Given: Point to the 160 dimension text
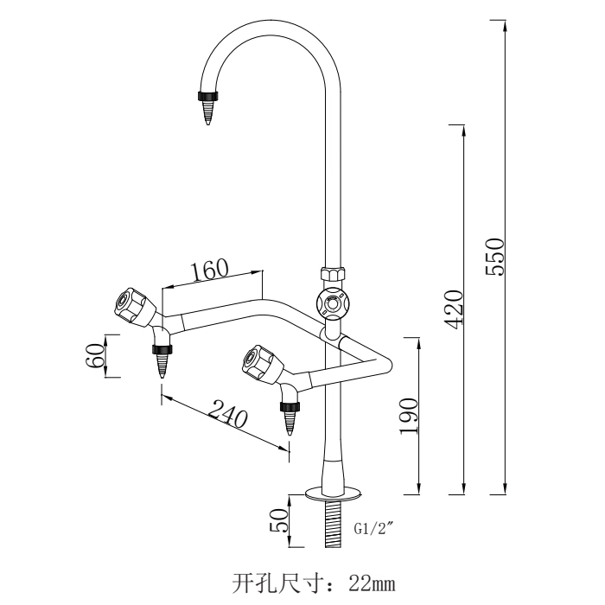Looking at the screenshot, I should (x=210, y=270).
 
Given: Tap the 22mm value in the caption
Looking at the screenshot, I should (x=373, y=579).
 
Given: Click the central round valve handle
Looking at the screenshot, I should (x=331, y=303).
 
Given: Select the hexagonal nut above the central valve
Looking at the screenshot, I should (x=331, y=275).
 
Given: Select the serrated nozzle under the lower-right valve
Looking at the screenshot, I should (x=289, y=418).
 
